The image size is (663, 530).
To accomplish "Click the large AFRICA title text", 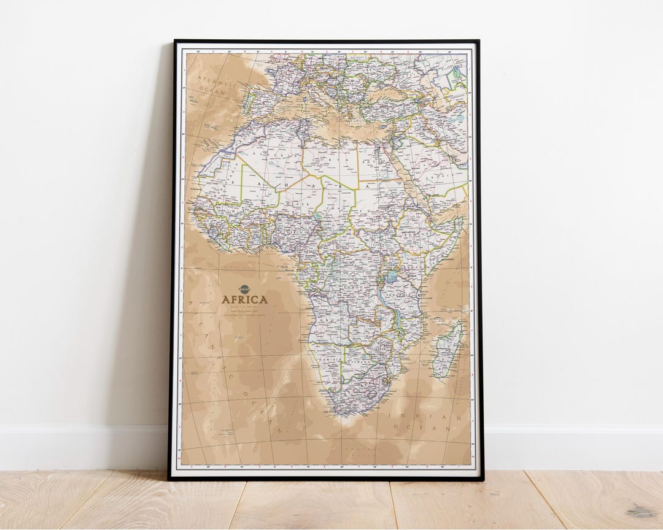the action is click(x=244, y=299).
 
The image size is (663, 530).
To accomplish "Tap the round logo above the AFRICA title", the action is click(x=244, y=288).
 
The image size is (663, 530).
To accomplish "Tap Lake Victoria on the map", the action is click(x=391, y=277).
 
